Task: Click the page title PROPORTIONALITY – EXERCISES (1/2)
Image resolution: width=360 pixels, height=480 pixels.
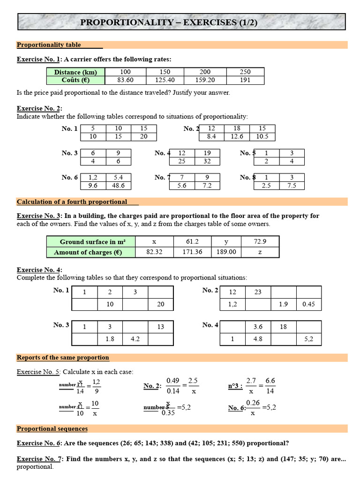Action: click(181, 22)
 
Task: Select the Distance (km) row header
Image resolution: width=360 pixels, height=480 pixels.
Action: click(75, 72)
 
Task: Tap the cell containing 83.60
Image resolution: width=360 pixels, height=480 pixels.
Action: click(125, 80)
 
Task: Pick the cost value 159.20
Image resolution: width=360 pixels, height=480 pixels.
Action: click(205, 80)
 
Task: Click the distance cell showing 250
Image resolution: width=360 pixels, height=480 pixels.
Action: click(245, 72)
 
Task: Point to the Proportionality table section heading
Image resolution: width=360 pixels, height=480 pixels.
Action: click(49, 45)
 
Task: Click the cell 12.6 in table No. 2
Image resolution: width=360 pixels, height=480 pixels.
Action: click(237, 137)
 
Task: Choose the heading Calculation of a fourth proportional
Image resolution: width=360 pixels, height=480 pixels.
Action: click(72, 202)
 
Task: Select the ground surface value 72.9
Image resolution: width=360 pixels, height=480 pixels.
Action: click(259, 242)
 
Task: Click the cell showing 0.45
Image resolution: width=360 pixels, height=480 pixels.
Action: click(308, 304)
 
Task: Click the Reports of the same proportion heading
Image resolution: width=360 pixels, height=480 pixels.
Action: click(63, 358)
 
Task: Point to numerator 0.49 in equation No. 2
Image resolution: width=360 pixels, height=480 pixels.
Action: click(173, 381)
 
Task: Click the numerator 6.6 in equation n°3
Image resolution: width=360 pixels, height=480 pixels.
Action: click(270, 381)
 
